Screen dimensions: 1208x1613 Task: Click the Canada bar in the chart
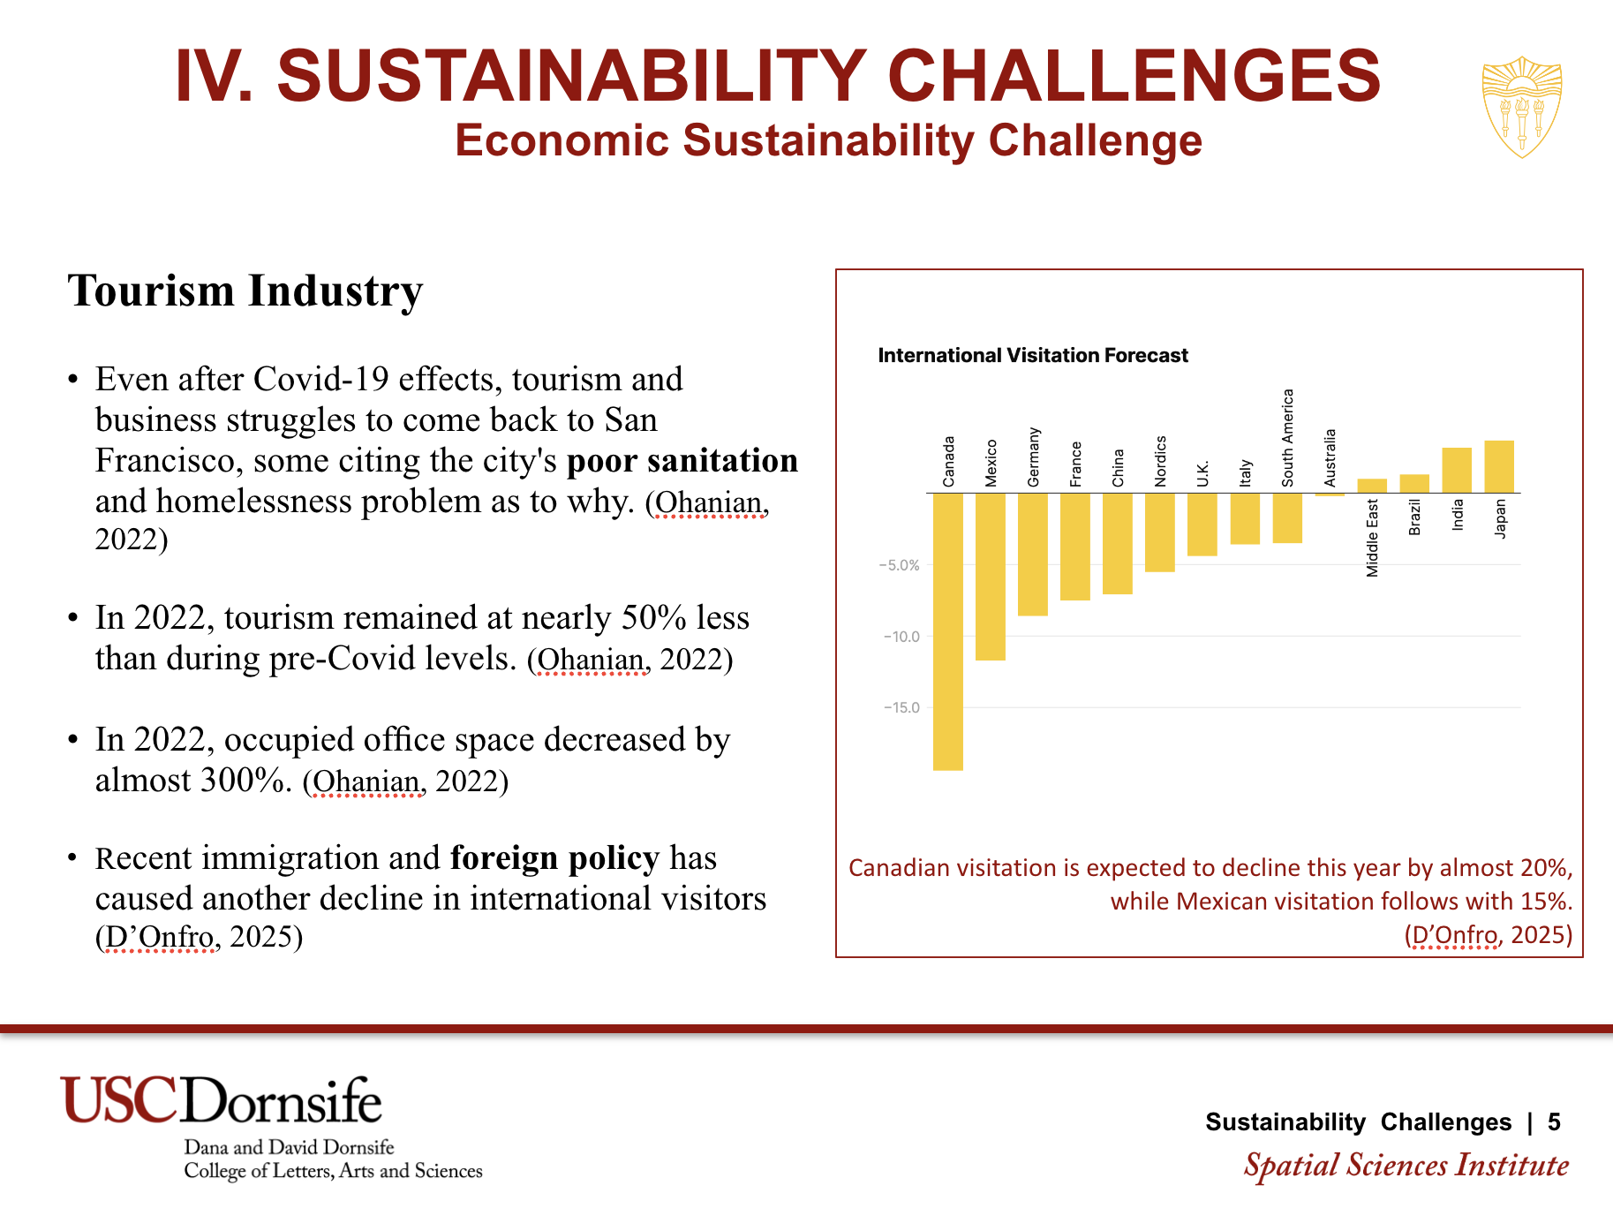tap(947, 630)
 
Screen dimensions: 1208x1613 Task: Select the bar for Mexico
tap(990, 576)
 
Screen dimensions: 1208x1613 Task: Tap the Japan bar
tap(1499, 466)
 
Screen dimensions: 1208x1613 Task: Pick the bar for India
tap(1457, 470)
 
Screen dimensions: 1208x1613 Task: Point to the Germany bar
tap(1032, 554)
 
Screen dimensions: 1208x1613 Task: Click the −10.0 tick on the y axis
tap(901, 637)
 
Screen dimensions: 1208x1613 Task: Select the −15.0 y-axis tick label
tap(901, 707)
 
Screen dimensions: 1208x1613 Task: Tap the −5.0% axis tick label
tap(900, 565)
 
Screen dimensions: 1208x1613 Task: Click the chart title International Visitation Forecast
tap(1032, 355)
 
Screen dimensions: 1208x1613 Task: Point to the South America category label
tap(1287, 438)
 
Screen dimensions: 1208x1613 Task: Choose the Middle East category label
tap(1372, 538)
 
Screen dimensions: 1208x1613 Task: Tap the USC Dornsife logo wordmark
tap(221, 1100)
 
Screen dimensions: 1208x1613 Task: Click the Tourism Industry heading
tap(245, 291)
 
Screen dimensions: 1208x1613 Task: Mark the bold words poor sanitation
tap(682, 460)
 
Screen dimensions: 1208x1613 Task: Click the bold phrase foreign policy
tap(554, 857)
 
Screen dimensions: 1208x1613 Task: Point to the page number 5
tap(1554, 1121)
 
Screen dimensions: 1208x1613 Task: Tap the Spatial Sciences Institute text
tap(1406, 1165)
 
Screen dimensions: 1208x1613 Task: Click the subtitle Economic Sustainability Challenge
tap(828, 140)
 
